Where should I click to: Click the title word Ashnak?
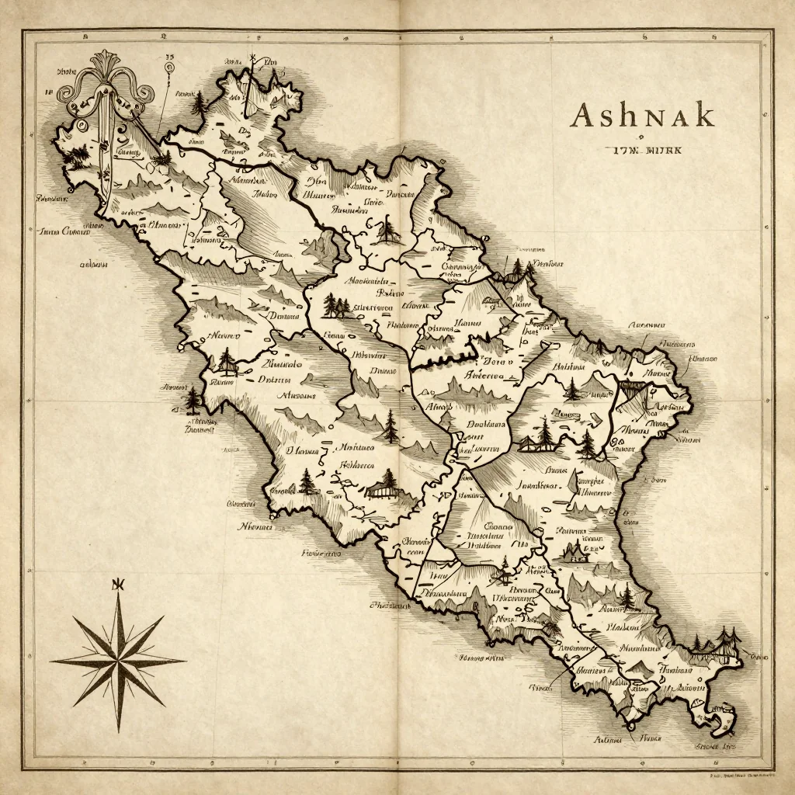pyautogui.click(x=641, y=115)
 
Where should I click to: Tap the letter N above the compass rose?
pyautogui.click(x=118, y=585)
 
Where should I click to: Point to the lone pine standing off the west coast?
pyautogui.click(x=193, y=401)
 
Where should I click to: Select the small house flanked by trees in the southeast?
pyautogui.click(x=575, y=552)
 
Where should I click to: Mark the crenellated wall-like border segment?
pyautogui.click(x=443, y=359)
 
